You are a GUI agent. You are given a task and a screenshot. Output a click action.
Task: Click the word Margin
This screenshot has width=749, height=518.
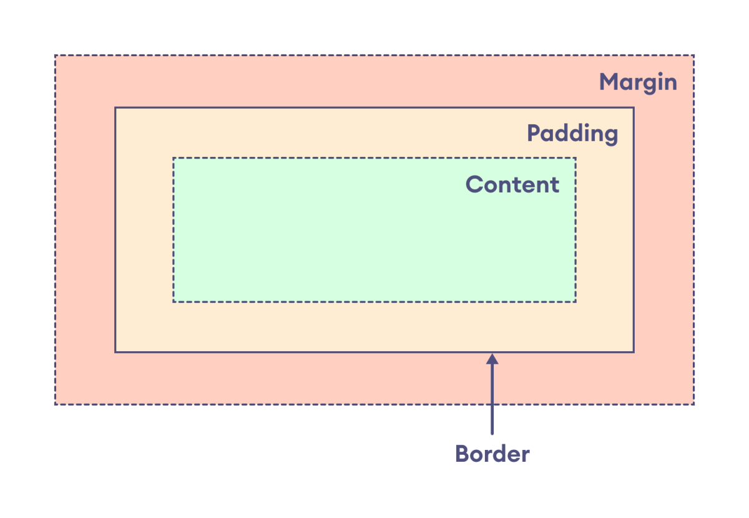click(638, 82)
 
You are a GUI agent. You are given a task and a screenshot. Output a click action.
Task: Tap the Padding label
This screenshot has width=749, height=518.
click(572, 133)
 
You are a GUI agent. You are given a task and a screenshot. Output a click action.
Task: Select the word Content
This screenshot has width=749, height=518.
click(512, 184)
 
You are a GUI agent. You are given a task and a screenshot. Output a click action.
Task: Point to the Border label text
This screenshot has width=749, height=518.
click(492, 454)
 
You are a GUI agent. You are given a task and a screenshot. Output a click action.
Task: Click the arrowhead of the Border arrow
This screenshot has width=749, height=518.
click(492, 359)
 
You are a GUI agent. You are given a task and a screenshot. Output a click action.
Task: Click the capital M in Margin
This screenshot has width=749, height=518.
click(609, 82)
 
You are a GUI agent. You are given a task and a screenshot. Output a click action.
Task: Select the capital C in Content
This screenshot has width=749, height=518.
click(474, 184)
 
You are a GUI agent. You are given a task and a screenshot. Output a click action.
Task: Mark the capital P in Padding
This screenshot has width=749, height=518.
click(534, 133)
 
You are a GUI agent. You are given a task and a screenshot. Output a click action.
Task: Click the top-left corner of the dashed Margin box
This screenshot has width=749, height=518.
click(55, 56)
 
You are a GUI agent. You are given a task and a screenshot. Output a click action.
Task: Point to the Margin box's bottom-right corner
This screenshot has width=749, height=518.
click(693, 404)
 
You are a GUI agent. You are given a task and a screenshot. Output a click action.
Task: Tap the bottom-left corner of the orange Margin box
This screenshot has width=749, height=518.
click(55, 404)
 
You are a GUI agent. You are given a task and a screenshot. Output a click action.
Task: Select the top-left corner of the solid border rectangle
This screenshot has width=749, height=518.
click(115, 107)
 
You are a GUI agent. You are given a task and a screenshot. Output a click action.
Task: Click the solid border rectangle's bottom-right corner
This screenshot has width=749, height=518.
click(634, 352)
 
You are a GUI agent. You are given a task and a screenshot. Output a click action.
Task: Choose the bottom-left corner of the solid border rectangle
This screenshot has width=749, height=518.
click(115, 352)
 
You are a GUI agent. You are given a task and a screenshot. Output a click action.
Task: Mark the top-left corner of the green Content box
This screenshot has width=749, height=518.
click(174, 158)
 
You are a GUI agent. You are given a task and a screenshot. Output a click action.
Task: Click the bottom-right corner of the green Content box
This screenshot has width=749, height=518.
click(575, 302)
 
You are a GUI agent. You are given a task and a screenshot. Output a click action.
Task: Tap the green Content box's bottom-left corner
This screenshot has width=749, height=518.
click(174, 302)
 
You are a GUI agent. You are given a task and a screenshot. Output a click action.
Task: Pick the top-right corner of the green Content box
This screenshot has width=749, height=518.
click(575, 158)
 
